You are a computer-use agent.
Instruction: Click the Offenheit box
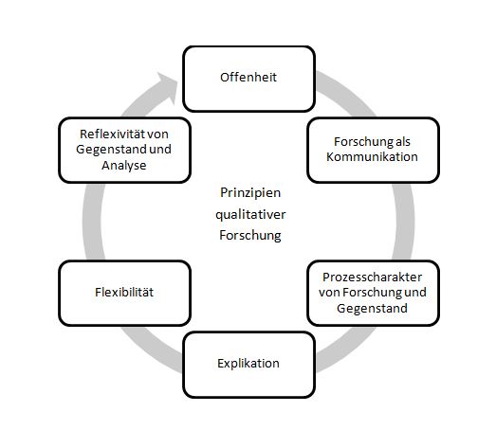[x=249, y=79]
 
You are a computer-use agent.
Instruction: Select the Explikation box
[x=249, y=365]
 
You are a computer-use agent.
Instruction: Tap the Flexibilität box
[x=124, y=293]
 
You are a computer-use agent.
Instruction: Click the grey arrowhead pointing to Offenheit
[x=167, y=88]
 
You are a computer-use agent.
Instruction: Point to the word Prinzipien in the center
[x=250, y=193]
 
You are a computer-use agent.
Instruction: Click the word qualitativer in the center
[x=250, y=215]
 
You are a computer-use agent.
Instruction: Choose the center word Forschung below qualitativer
[x=250, y=236]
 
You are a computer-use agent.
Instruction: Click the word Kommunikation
[x=372, y=156]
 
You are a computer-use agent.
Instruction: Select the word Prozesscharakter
[x=372, y=278]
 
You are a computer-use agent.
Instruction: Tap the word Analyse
[x=124, y=165]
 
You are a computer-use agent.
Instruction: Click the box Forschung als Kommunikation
[x=374, y=150]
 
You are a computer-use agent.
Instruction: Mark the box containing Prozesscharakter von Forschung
[x=374, y=293]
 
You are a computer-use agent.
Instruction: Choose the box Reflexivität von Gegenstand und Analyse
[x=124, y=150]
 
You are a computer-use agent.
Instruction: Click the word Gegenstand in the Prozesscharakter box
[x=372, y=309]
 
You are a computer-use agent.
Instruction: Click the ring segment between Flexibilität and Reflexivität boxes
[x=92, y=222]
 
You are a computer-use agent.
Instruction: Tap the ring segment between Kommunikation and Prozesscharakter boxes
[x=405, y=222]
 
